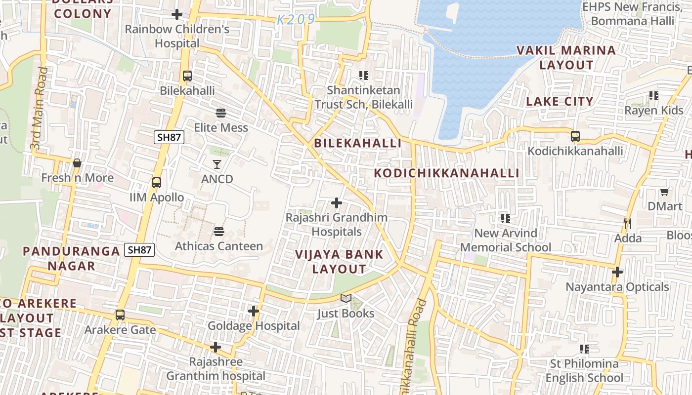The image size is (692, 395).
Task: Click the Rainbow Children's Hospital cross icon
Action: [177, 15]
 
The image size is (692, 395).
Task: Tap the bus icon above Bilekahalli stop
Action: [187, 76]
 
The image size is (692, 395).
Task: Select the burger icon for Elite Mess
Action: [221, 113]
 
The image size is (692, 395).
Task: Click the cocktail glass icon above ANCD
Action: [217, 164]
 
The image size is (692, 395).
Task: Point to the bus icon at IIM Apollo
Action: [157, 183]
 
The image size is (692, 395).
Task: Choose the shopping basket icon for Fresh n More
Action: [77, 163]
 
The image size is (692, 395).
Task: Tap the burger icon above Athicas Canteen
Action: [219, 231]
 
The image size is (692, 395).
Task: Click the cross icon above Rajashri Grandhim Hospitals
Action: [337, 203]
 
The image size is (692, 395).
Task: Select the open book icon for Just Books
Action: [346, 299]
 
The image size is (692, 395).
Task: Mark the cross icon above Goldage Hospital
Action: [254, 311]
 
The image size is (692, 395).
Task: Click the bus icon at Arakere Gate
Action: [120, 315]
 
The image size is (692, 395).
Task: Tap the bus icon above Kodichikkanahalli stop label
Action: [575, 136]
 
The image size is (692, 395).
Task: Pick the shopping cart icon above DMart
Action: [665, 192]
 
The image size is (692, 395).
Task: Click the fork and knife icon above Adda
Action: [627, 223]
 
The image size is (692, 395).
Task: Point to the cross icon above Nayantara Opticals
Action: [617, 272]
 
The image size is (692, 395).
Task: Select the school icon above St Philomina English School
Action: [584, 349]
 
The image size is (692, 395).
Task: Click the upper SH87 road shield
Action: [169, 137]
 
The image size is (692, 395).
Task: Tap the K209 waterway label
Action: [296, 20]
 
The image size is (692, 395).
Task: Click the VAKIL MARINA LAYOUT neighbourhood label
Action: [566, 57]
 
